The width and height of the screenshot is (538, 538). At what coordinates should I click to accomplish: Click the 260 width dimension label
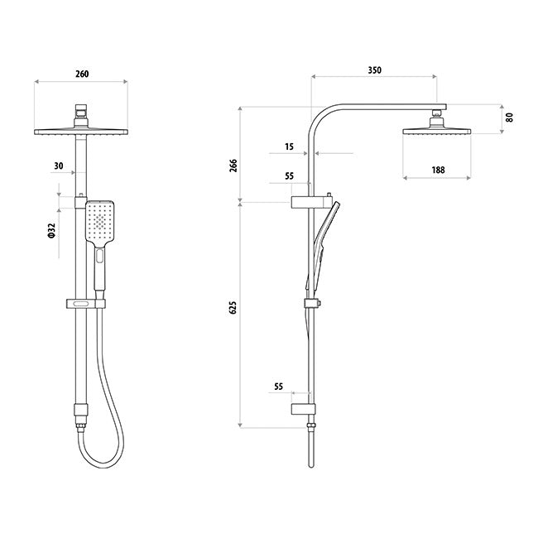[x=82, y=74]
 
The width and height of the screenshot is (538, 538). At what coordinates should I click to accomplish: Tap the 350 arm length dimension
[x=375, y=70]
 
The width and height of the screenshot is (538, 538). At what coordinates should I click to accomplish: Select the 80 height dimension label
[x=510, y=118]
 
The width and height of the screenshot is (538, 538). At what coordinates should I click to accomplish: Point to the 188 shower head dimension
[x=438, y=170]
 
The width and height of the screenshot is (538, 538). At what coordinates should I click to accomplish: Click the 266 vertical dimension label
[x=233, y=166]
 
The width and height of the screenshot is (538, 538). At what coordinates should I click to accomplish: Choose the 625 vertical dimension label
[x=233, y=307]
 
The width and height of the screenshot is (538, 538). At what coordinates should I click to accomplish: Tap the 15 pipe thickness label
[x=289, y=147]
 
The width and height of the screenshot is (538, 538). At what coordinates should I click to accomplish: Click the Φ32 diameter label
[x=51, y=230]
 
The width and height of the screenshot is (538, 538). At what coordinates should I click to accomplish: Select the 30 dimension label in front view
[x=59, y=166]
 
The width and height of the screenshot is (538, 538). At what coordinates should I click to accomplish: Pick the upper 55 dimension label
[x=289, y=176]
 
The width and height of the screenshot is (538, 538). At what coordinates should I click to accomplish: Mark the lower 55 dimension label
[x=279, y=387]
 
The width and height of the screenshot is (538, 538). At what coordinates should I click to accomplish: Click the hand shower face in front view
[x=99, y=222]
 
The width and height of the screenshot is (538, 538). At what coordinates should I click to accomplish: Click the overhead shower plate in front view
[x=81, y=132]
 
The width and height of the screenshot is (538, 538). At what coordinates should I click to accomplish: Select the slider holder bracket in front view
[x=86, y=304]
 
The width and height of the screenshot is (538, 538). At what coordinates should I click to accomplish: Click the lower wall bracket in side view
[x=303, y=410]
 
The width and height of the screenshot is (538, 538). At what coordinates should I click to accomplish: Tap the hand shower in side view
[x=323, y=245]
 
